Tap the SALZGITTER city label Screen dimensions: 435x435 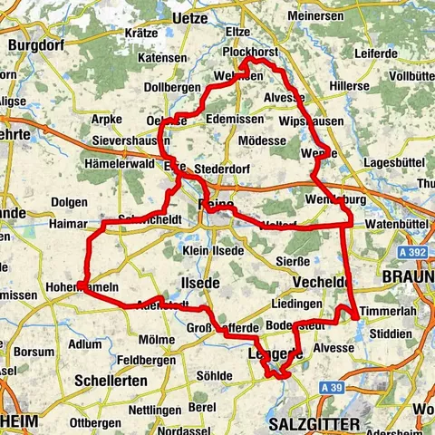[x=314, y=423]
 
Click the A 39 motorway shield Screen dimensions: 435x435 [x=331, y=388]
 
